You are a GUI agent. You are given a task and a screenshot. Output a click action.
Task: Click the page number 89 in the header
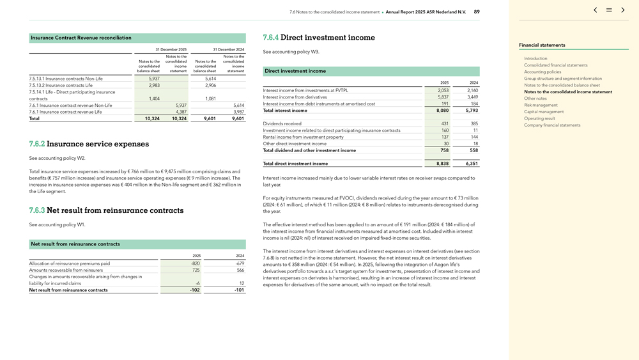(x=477, y=12)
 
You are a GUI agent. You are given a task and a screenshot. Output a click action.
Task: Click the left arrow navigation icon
(x=595, y=10)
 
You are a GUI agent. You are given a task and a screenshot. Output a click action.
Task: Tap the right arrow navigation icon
(x=623, y=10)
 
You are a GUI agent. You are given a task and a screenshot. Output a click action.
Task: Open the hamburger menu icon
(x=609, y=10)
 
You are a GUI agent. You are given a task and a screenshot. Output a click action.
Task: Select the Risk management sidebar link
(x=541, y=105)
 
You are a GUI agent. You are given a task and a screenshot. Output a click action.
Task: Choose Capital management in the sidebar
(x=544, y=112)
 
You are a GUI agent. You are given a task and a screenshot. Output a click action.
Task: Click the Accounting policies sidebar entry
(x=543, y=72)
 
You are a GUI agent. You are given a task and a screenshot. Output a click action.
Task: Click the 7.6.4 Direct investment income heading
(x=319, y=38)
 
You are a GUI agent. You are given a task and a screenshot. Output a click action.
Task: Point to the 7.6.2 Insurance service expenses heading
(x=89, y=144)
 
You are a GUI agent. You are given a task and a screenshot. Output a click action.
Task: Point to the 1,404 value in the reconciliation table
(x=153, y=98)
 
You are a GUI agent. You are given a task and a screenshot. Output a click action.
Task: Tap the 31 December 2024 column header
(x=228, y=49)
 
